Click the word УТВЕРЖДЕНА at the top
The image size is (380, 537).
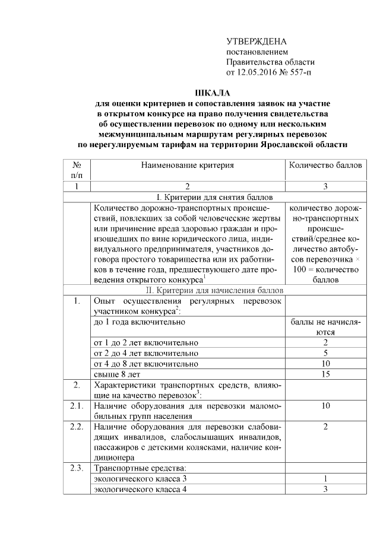point(256,42)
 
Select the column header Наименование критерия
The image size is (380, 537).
point(187,166)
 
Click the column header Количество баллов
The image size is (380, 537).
point(325,166)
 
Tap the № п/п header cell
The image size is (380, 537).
point(77,170)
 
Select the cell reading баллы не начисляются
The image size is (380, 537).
point(325,327)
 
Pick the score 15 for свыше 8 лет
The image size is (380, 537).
point(325,374)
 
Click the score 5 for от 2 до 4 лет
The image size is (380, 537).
point(325,353)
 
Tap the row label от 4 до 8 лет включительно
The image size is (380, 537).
point(146,364)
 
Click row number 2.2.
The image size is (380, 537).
point(77,427)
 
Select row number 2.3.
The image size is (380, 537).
point(77,469)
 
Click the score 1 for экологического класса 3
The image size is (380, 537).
point(325,479)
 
